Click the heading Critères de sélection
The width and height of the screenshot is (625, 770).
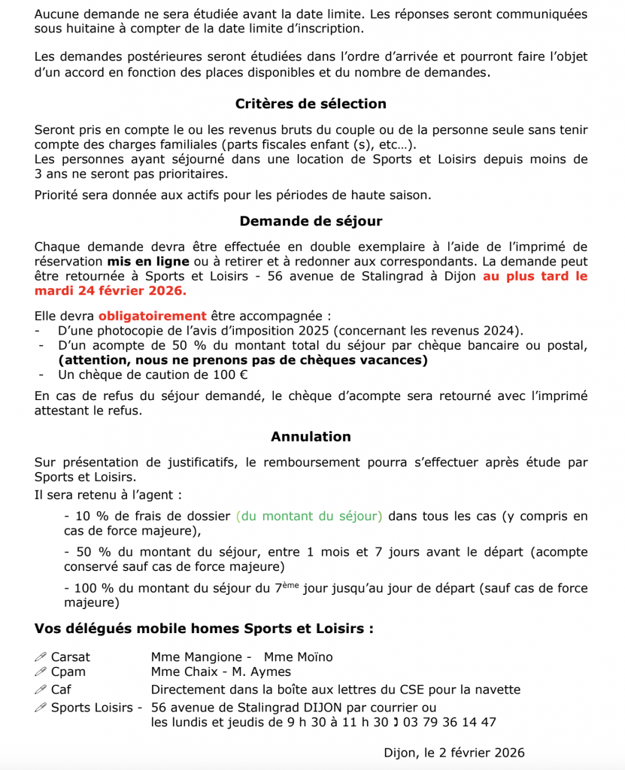pyautogui.click(x=311, y=104)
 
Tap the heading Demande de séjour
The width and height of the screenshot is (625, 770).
pyautogui.click(x=311, y=221)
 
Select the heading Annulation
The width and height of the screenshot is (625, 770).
pyautogui.click(x=311, y=436)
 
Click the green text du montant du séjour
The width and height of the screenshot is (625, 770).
pyautogui.click(x=309, y=516)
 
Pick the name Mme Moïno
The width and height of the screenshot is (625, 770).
pyautogui.click(x=298, y=657)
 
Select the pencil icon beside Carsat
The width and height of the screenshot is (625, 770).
pyautogui.click(x=41, y=657)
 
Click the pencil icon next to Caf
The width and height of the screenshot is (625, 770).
pyautogui.click(x=41, y=690)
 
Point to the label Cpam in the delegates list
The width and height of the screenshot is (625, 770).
pyautogui.click(x=68, y=671)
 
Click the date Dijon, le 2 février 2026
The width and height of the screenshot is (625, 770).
pyautogui.click(x=454, y=753)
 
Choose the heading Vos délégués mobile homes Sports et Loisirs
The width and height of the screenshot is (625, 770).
pyautogui.click(x=204, y=628)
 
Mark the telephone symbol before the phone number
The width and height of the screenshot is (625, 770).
pyautogui.click(x=396, y=722)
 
